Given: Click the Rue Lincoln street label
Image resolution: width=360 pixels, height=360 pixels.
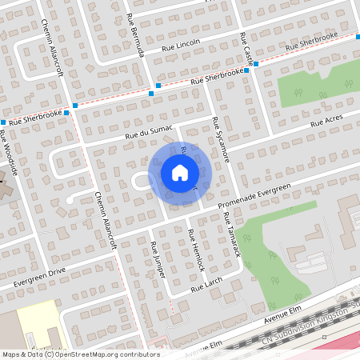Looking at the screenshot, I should click(x=181, y=45).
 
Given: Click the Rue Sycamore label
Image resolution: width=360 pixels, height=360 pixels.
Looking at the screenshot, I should click(x=221, y=140).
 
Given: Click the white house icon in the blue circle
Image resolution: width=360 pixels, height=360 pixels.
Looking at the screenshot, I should click(x=179, y=172).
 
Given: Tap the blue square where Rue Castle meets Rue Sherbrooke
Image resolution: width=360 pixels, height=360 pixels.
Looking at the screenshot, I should click(x=246, y=70).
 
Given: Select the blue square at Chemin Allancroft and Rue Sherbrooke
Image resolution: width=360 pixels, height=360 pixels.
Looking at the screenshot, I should click(x=74, y=106).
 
